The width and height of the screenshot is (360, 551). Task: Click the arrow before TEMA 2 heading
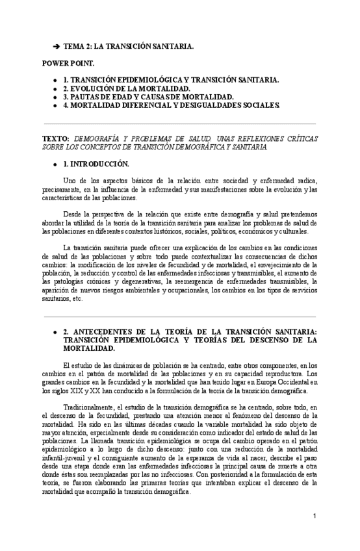(x=56, y=47)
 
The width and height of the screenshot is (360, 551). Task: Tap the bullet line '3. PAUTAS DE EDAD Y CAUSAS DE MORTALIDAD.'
(x=149, y=96)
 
